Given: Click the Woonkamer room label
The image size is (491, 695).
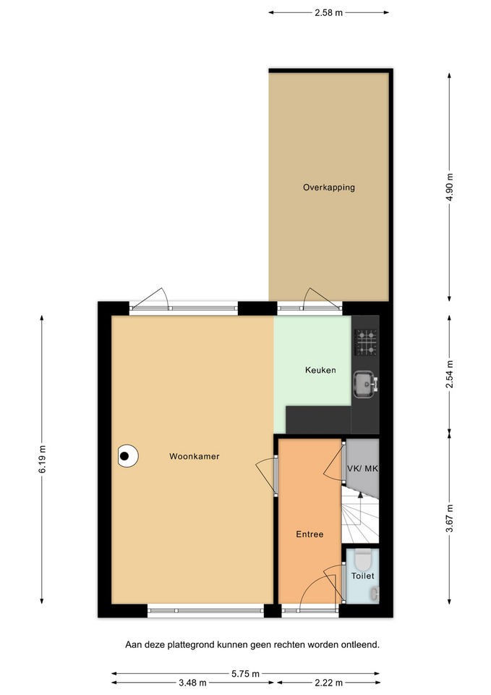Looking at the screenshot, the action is (x=195, y=456).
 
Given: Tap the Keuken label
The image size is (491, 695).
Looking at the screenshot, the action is (x=320, y=370).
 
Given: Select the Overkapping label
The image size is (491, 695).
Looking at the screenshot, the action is (x=329, y=188).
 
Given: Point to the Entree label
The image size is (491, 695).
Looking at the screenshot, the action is (x=310, y=534).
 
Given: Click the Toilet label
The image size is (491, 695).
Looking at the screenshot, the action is (x=362, y=576).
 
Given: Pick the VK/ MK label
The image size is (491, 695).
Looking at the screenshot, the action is (x=362, y=468).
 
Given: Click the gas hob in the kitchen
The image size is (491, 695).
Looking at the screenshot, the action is (x=367, y=342).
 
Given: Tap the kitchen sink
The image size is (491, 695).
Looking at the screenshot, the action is (x=366, y=384).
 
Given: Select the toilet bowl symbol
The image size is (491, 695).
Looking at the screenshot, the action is (x=363, y=560).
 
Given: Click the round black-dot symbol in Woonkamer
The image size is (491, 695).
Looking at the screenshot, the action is (x=128, y=455).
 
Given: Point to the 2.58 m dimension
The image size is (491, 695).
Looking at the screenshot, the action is (x=328, y=13).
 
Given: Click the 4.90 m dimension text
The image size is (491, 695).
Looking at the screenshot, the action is (x=450, y=187).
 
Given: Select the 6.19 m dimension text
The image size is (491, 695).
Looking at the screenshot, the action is (x=42, y=459).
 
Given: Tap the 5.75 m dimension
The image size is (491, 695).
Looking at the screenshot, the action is (x=246, y=674).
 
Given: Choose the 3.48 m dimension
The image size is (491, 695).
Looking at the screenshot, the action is (x=193, y=683).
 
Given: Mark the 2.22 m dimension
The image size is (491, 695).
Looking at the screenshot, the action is (x=328, y=683).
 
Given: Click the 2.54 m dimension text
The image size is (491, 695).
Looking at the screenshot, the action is (x=450, y=374).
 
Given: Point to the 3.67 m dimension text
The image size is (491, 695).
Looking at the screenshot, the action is (x=450, y=518).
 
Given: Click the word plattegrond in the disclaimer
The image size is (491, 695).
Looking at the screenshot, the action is (x=191, y=645).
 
